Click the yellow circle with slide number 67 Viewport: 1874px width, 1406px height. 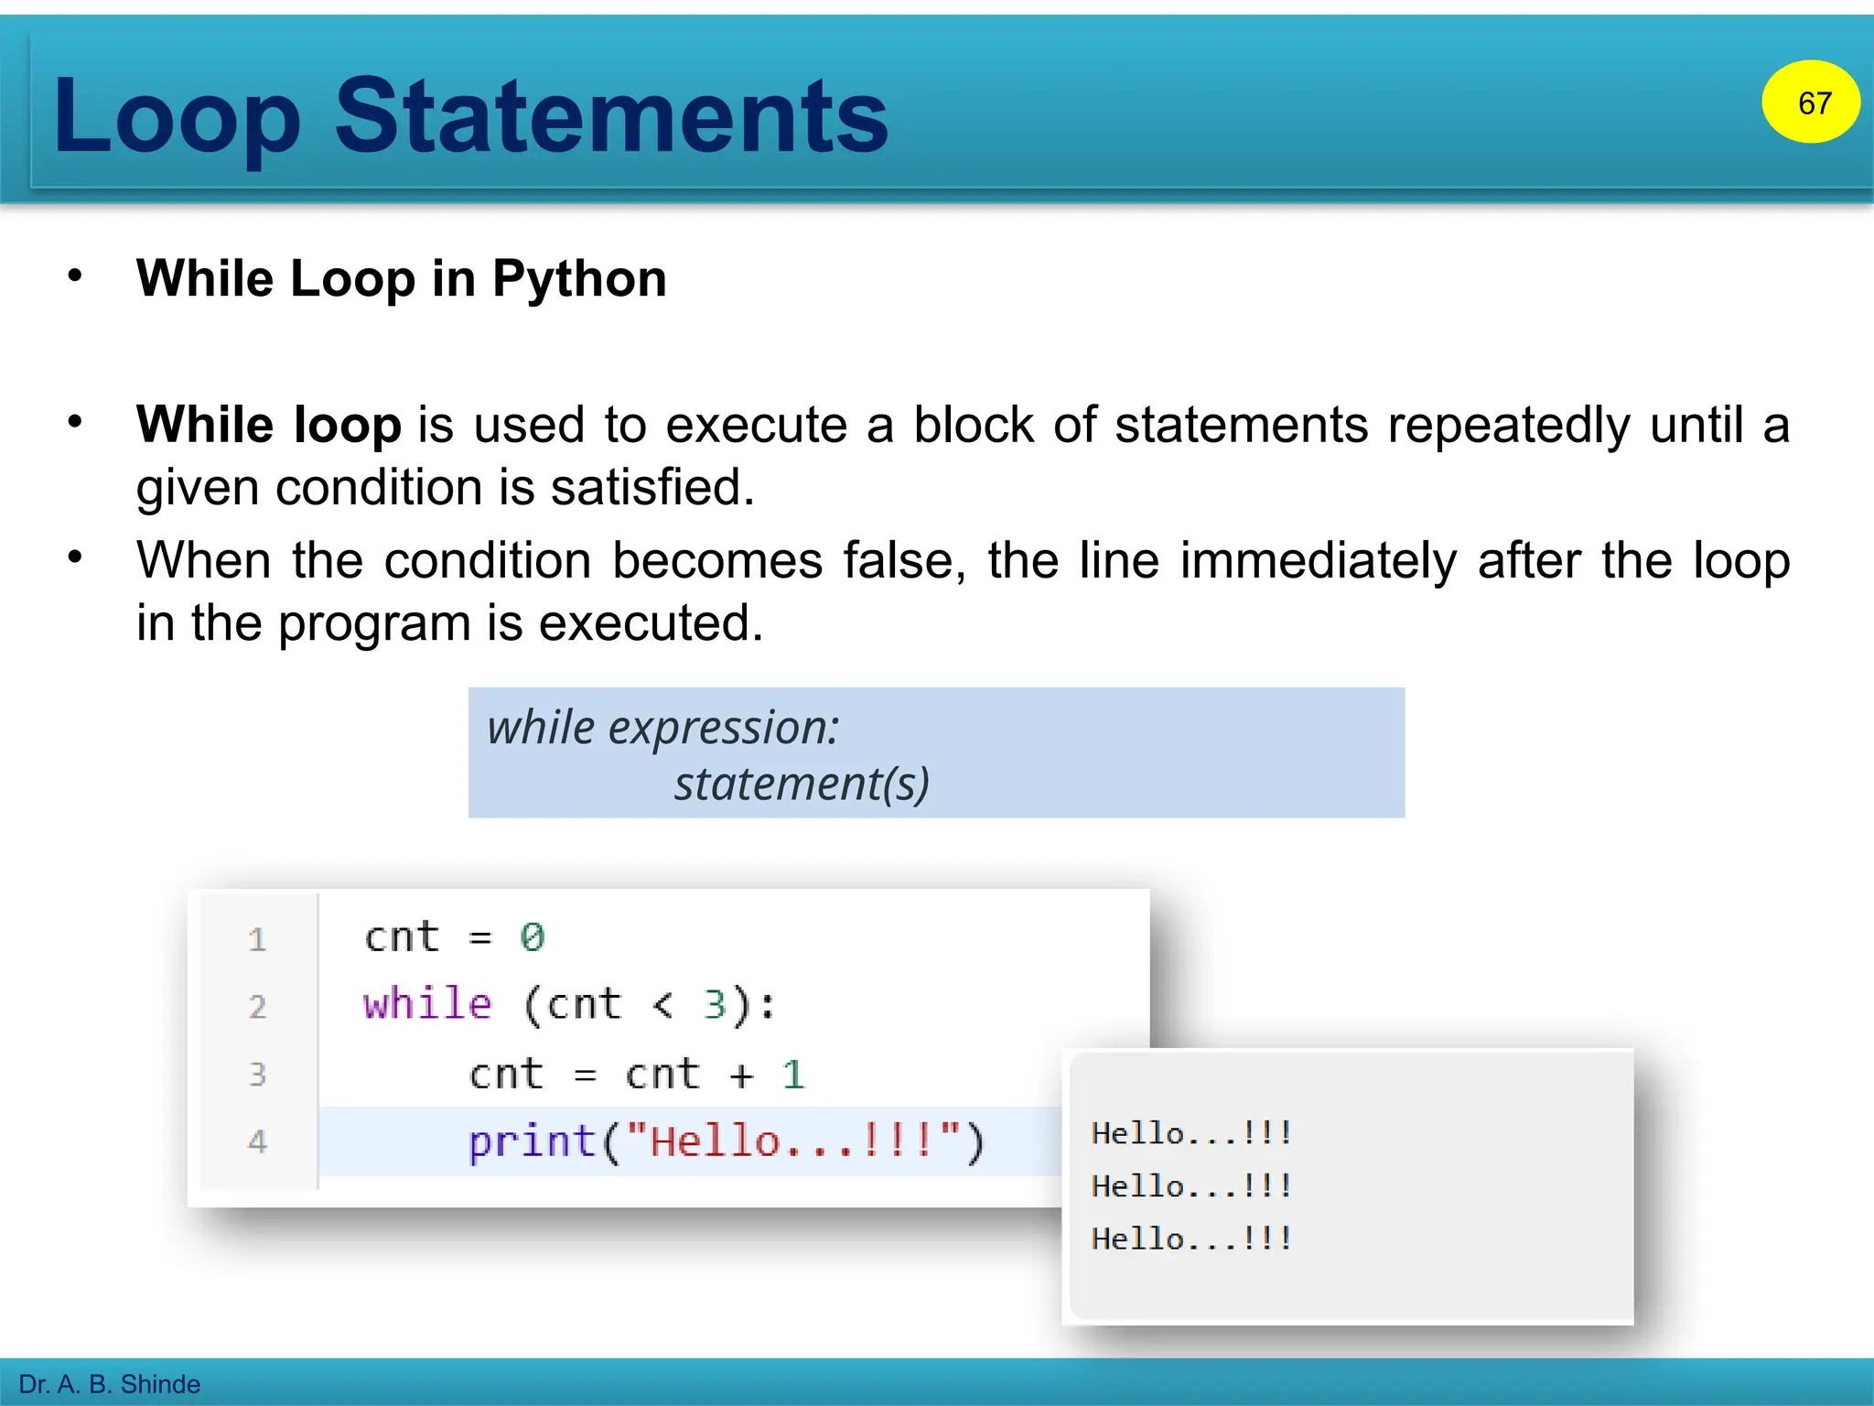pos(1810,102)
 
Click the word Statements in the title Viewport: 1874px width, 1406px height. pos(611,116)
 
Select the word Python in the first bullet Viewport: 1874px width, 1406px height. pos(579,278)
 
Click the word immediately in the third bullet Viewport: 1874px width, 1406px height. pos(1318,561)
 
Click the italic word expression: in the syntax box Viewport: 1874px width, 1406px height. pos(723,729)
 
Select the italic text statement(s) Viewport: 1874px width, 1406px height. pos(802,784)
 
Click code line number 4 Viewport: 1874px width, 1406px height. pos(257,1141)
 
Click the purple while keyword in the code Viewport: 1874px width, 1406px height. pos(427,1004)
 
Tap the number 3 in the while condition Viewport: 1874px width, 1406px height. pos(715,1005)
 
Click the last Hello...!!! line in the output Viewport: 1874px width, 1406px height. pos(1190,1239)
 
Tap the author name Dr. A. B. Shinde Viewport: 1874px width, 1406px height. pos(110,1384)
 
